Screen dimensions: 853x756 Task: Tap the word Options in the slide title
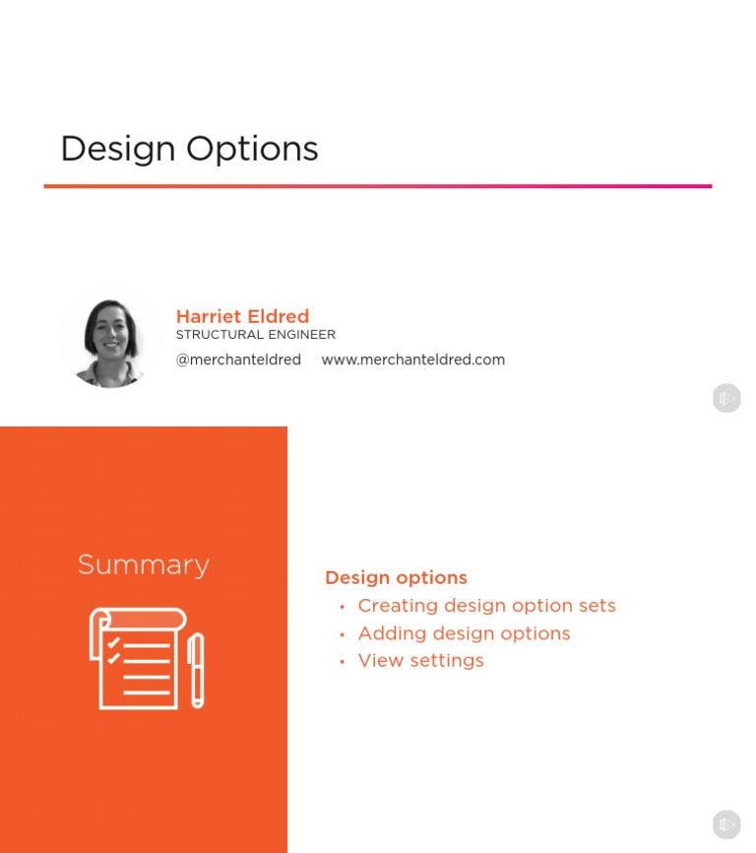pos(252,149)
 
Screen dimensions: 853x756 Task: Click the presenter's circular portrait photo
pos(109,338)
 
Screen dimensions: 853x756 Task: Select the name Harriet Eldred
pos(242,316)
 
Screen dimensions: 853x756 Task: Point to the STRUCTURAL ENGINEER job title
pos(255,335)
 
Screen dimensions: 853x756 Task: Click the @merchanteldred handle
pos(238,360)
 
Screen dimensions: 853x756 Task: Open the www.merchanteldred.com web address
pos(412,360)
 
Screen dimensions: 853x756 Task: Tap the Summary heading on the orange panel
pos(144,564)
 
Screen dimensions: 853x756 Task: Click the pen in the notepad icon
pos(196,670)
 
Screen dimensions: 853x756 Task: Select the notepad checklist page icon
pos(136,658)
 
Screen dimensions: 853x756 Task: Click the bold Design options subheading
pos(396,578)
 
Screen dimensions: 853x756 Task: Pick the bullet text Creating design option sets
pos(486,606)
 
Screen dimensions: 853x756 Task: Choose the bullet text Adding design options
pos(464,633)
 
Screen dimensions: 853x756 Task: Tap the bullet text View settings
pos(420,660)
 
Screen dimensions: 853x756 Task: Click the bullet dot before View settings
pos(342,662)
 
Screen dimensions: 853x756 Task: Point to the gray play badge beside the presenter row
pos(726,398)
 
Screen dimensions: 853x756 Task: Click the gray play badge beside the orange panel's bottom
pos(726,824)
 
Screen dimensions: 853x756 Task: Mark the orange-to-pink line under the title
pos(378,185)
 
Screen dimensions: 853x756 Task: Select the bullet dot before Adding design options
pos(342,634)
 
